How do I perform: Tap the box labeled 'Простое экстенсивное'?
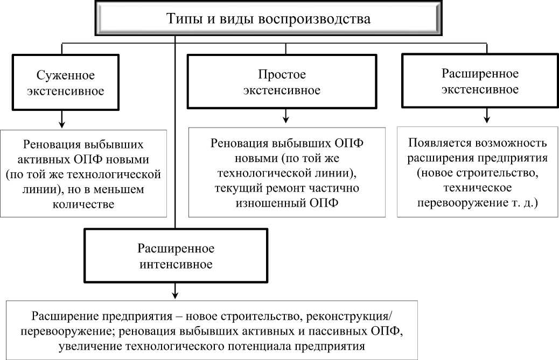(x=282, y=82)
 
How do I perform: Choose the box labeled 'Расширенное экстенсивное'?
(x=480, y=81)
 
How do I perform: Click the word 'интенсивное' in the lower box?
(x=176, y=264)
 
